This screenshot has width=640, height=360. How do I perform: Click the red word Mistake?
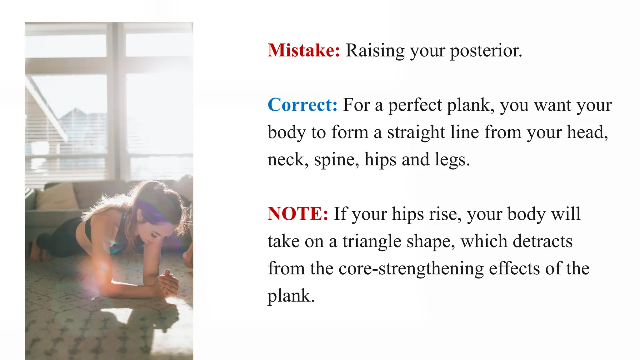(304, 50)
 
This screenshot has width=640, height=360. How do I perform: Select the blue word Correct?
(302, 105)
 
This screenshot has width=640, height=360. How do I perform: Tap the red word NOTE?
(298, 214)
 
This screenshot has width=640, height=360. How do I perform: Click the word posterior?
(486, 51)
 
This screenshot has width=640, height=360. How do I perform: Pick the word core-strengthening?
(411, 269)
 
